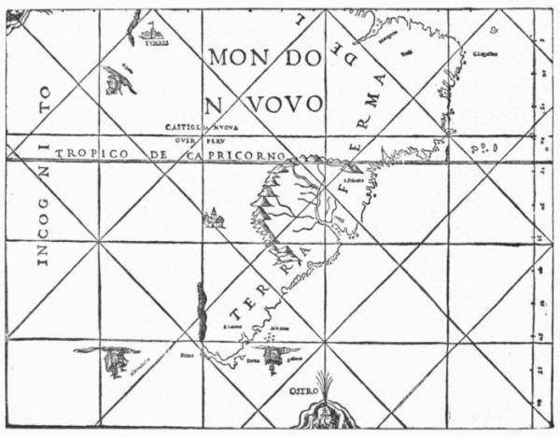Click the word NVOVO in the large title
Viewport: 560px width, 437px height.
pyautogui.click(x=263, y=101)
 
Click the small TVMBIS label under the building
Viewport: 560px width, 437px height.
pyautogui.click(x=151, y=43)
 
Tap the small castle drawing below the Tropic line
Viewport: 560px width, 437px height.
pyautogui.click(x=215, y=218)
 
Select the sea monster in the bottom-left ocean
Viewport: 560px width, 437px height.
pyautogui.click(x=109, y=358)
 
